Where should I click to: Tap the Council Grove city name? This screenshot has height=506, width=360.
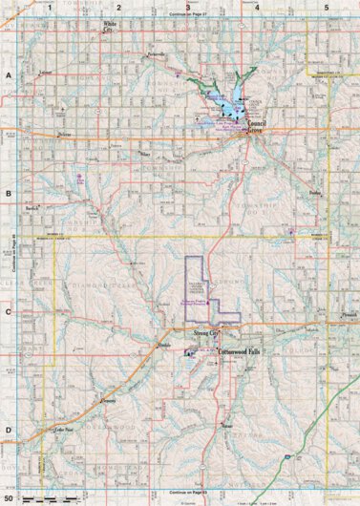[258, 127]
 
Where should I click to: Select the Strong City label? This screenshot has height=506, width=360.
[207, 334]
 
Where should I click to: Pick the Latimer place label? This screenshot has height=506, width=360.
[43, 73]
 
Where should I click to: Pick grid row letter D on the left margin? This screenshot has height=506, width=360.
[7, 430]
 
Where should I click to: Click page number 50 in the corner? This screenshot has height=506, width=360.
[10, 498]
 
